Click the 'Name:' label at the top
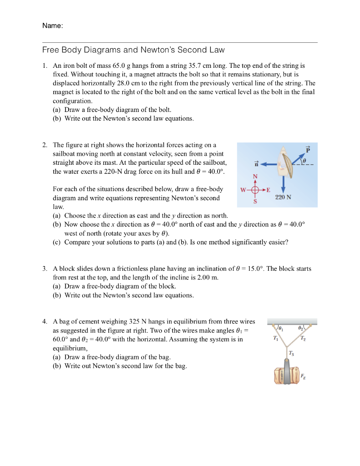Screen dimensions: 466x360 click(x=52, y=26)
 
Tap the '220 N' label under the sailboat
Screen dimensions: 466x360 click(x=283, y=197)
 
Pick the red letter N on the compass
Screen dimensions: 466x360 click(x=255, y=176)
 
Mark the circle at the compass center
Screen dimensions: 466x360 click(x=255, y=189)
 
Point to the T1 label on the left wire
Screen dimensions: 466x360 click(x=274, y=338)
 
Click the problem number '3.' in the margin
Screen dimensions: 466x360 click(x=45, y=268)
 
